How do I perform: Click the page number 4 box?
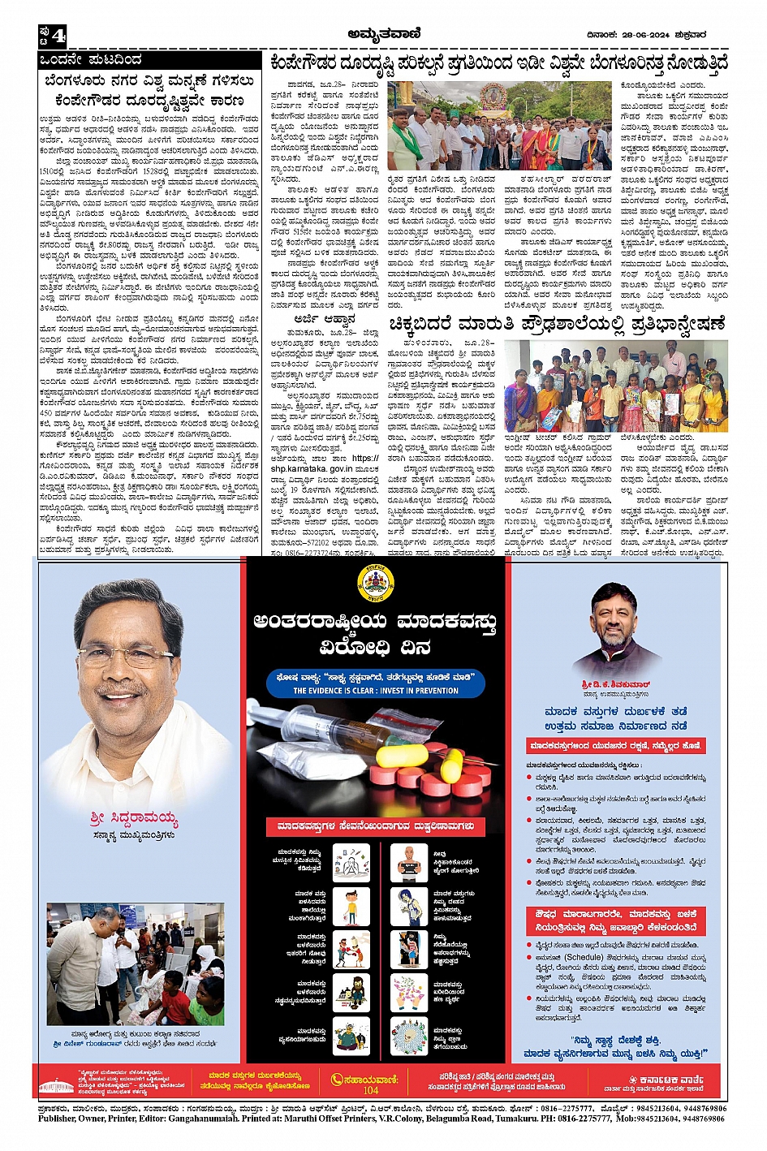coord(52,37)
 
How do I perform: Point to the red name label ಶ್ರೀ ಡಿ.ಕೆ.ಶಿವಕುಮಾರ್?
coord(615,684)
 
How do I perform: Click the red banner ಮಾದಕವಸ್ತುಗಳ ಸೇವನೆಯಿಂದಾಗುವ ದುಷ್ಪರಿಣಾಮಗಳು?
coord(376,826)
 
